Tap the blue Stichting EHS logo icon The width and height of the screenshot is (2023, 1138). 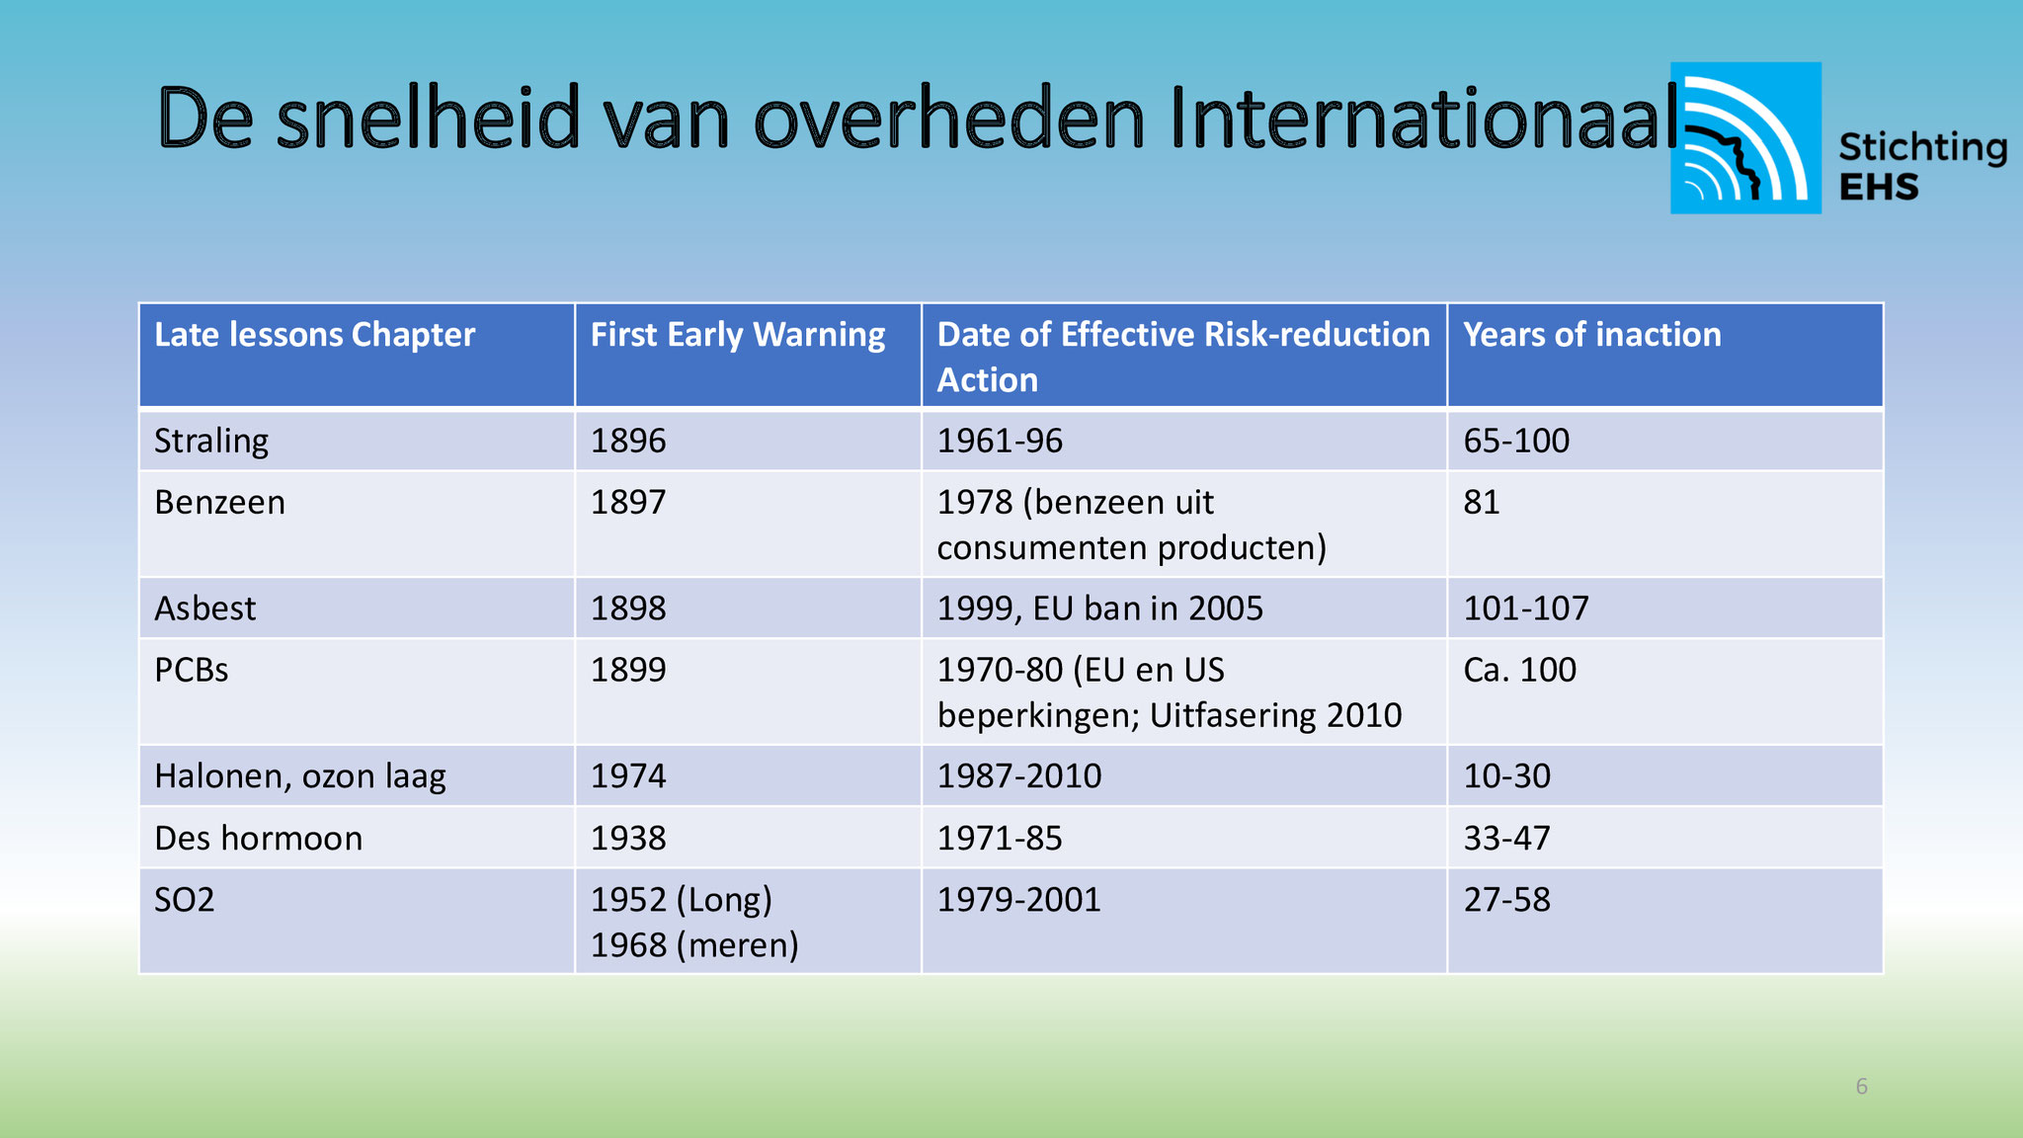[1745, 138]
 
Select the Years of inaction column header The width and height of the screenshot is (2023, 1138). [1592, 335]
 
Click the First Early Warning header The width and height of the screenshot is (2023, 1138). [738, 335]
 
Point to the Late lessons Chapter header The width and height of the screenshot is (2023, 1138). [314, 335]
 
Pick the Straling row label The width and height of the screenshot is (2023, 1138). [211, 441]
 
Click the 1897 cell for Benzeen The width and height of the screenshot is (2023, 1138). [628, 502]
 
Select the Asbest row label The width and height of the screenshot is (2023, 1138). [204, 608]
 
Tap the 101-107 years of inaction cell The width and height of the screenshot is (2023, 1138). [1526, 608]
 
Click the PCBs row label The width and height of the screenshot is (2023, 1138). [192, 670]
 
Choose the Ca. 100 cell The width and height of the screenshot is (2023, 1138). [1519, 670]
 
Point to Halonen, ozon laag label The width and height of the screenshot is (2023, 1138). [300, 776]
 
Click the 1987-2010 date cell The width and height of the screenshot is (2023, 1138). [1019, 775]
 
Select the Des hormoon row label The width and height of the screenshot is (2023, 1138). [259, 838]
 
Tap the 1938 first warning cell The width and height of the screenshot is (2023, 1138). [628, 838]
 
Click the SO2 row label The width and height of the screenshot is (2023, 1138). [185, 899]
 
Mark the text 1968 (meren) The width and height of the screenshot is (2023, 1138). [694, 945]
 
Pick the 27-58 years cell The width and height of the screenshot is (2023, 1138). [1507, 899]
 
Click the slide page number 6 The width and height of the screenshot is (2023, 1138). [1862, 1087]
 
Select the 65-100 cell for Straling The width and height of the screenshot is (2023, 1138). [1516, 441]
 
